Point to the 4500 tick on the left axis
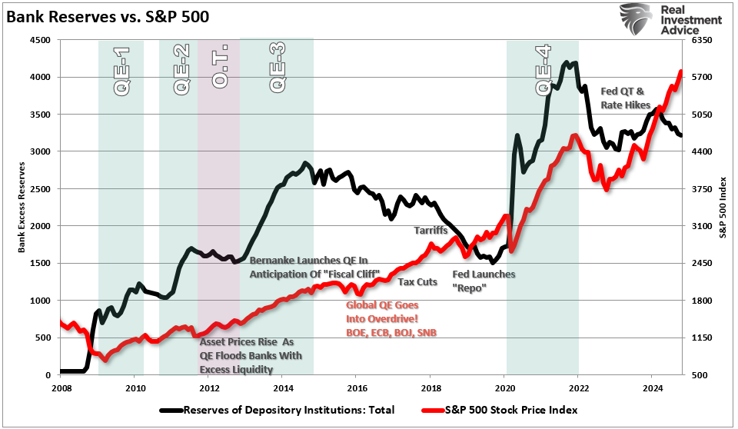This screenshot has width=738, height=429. [x=39, y=40]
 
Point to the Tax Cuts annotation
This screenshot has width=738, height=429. [x=417, y=281]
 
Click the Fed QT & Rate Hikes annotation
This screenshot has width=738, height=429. [x=625, y=98]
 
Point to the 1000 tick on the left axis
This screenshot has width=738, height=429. [x=39, y=301]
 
